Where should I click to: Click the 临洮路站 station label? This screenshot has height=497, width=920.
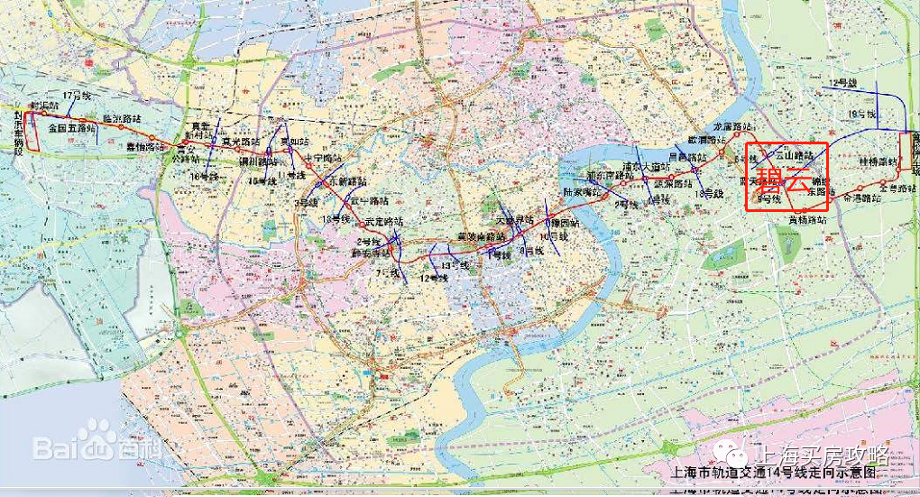122,118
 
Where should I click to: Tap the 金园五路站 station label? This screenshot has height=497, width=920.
71,129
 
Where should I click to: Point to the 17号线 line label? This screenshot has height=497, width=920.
78,96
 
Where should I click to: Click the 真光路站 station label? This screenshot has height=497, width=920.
240,142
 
